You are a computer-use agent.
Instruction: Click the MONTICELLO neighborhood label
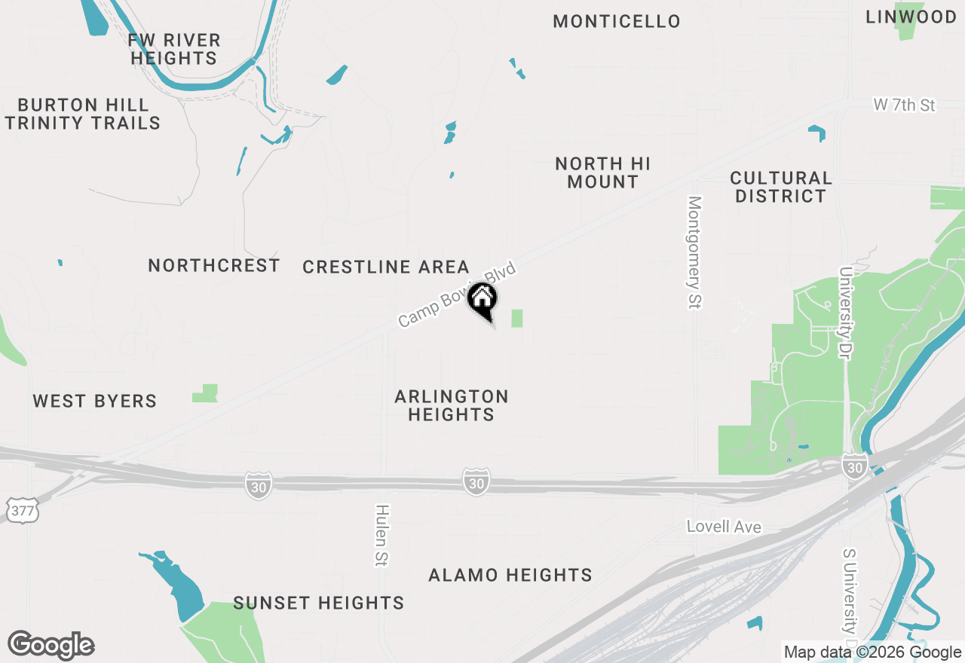pos(617,21)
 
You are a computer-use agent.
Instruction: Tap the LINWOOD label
pos(911,17)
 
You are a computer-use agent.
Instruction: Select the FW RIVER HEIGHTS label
pos(174,49)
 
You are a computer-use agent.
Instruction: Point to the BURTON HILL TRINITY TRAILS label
pos(83,114)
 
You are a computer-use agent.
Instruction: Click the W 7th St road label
pos(904,105)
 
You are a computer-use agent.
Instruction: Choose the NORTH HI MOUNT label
pos(602,173)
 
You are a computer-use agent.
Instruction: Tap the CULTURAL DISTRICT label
pos(781,187)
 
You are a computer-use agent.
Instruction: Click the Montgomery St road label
pos(694,252)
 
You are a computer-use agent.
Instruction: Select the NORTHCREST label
pos(214,265)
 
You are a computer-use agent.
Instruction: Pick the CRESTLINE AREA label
pos(386,267)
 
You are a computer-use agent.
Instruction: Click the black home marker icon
pos(482,299)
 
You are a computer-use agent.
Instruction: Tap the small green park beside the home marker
pos(517,318)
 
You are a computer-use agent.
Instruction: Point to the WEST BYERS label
pos(95,401)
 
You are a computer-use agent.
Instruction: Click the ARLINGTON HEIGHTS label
pos(452,405)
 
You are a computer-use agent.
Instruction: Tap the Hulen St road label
pos(381,536)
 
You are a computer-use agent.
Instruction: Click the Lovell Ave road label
pos(724,527)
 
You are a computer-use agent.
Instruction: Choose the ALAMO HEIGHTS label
pos(510,576)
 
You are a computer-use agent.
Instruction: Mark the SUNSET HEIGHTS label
pos(319,603)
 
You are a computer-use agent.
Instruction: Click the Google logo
pos(51,646)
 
